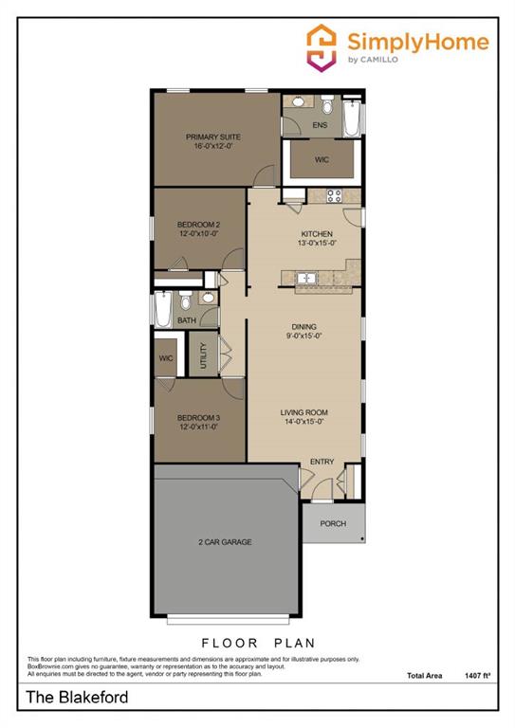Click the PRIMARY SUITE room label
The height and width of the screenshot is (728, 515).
coord(212,136)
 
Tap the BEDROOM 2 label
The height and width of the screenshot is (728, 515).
coord(198,225)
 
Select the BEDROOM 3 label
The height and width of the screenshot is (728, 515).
coord(198,417)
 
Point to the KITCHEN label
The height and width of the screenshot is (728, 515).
coord(318,233)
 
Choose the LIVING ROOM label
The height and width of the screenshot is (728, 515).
coord(303,412)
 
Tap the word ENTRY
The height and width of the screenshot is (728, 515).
coord(322,462)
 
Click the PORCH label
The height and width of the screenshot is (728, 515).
coord(332,523)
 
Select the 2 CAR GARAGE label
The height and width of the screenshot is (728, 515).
coord(225,542)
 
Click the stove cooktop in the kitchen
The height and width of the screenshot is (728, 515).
coord(334,197)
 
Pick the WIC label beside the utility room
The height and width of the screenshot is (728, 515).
coord(166,358)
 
